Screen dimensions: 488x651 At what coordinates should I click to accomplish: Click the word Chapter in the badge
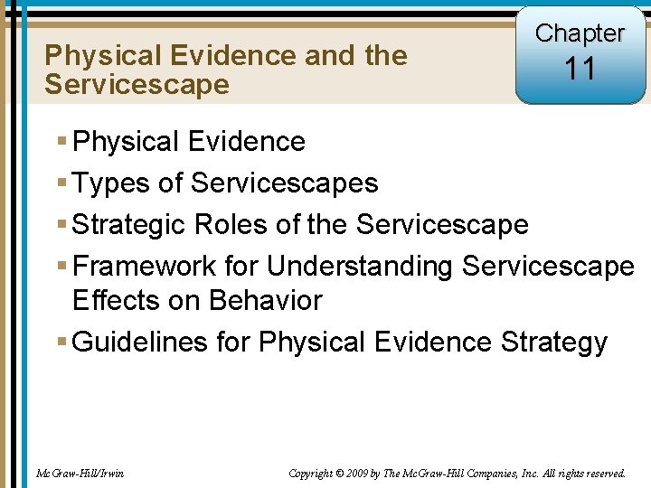580,33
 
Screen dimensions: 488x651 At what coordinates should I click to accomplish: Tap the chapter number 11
580,69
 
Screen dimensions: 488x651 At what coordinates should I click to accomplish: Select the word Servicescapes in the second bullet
285,183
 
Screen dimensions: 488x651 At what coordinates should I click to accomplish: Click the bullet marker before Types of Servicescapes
61,183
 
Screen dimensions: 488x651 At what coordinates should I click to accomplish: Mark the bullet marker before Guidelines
61,343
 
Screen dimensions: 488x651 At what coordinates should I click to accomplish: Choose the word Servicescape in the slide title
137,85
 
